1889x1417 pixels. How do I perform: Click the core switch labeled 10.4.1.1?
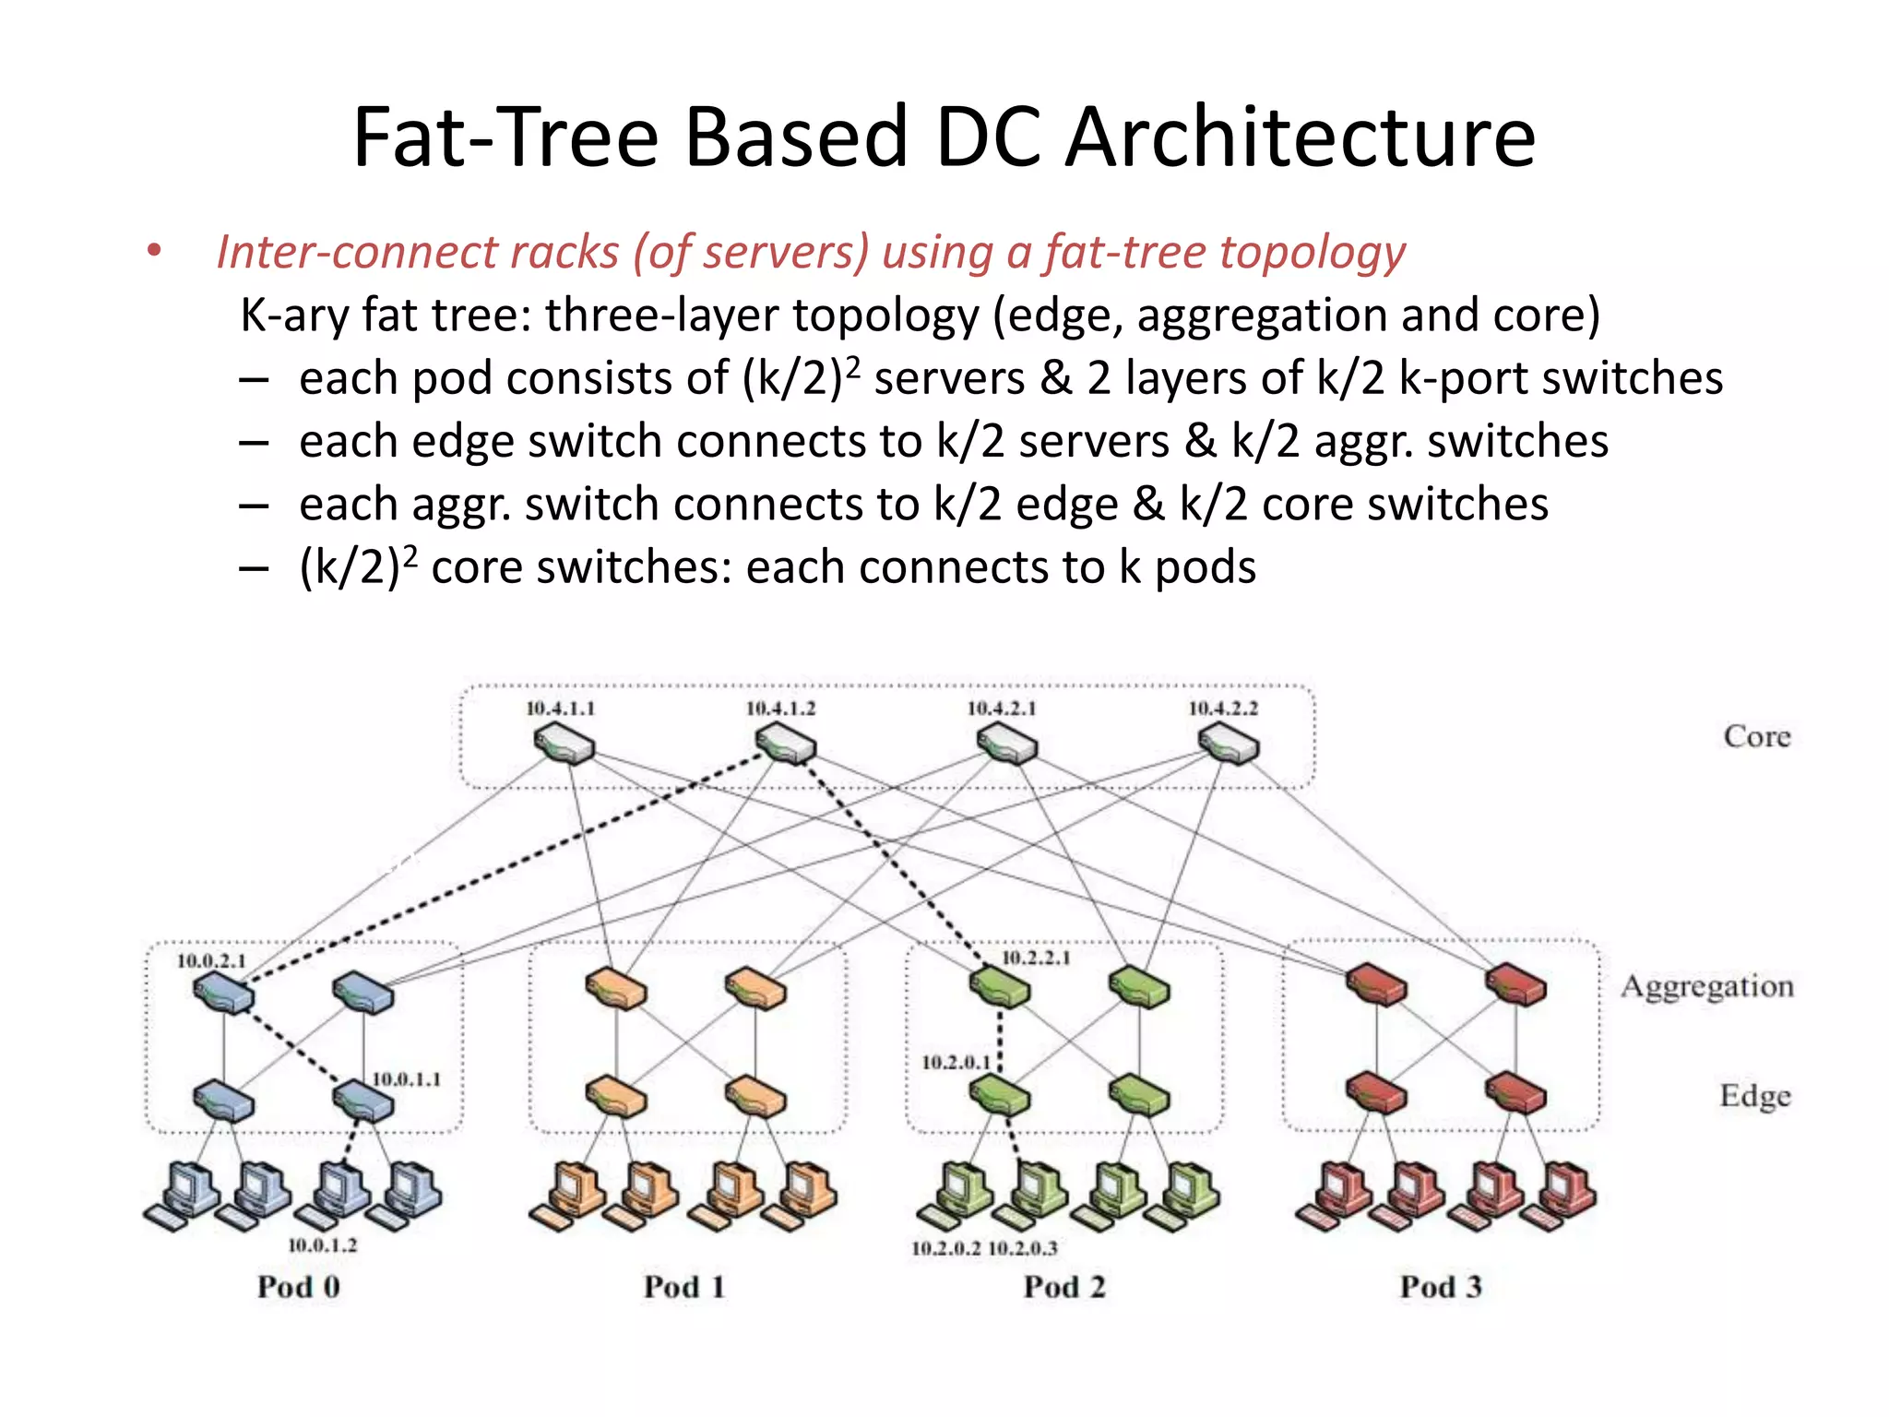point(564,744)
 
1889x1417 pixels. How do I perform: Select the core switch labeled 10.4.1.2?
point(785,744)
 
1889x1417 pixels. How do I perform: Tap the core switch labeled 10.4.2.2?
point(1228,744)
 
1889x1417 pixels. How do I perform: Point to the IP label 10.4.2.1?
point(1002,708)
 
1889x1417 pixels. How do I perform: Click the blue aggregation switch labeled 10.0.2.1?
point(223,994)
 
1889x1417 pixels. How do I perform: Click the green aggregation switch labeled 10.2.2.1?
point(1000,987)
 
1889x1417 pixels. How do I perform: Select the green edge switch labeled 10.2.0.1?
point(1000,1096)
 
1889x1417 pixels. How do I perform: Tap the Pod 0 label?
point(299,1286)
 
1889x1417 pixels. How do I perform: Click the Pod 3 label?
point(1441,1286)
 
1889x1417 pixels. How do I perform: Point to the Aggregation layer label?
point(1707,987)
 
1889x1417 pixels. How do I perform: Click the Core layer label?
point(1757,736)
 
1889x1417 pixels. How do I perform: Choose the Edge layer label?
point(1755,1096)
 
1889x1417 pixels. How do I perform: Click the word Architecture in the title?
point(1301,137)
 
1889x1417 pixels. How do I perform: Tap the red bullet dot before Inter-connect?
point(154,251)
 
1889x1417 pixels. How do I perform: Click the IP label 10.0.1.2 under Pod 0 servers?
point(322,1245)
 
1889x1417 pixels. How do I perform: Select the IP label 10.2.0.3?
point(1023,1249)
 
